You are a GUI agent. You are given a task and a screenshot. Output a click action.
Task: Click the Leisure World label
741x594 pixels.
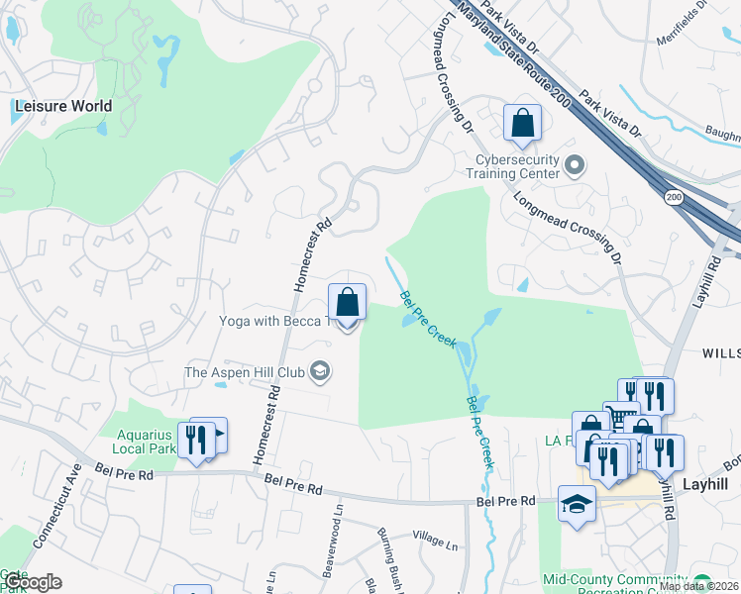tap(62, 106)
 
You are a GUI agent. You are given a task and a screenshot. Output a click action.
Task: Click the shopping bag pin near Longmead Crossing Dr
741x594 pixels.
tap(522, 124)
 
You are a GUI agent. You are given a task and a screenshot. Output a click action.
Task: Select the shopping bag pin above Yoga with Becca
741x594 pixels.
tap(348, 302)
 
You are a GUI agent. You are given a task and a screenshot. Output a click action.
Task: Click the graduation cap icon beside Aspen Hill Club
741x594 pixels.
tap(320, 372)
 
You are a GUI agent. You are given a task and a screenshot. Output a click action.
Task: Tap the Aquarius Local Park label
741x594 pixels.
tap(146, 442)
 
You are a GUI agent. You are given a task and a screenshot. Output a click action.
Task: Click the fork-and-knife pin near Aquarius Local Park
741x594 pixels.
tap(196, 439)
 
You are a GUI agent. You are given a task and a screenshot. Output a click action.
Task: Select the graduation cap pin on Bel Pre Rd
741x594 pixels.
tap(577, 504)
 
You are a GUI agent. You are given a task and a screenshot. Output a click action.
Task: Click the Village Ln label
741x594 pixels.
tap(436, 544)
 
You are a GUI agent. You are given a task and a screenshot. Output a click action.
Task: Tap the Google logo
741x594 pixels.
tap(31, 582)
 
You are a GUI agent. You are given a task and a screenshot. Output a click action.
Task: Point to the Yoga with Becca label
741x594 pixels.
tap(270, 320)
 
